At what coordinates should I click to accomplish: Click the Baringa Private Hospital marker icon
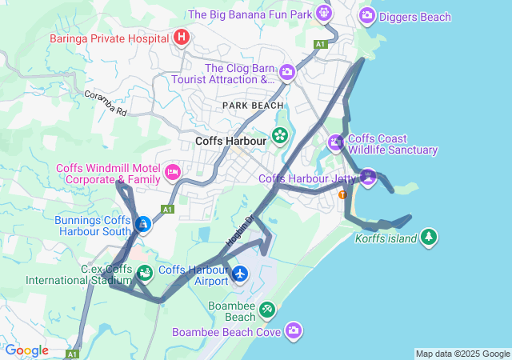click(182, 37)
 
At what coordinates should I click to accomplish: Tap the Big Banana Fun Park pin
click(322, 13)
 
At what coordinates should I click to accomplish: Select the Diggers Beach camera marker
click(367, 14)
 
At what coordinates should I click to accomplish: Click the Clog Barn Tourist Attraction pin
click(287, 74)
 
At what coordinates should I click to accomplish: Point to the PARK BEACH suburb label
click(253, 106)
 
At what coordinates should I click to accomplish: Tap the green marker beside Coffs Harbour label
click(280, 135)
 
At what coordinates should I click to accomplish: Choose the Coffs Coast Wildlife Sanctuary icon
click(336, 143)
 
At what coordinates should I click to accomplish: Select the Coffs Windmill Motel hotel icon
click(172, 172)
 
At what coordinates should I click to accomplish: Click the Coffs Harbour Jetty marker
click(367, 176)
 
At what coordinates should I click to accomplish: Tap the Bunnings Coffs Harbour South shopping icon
click(142, 225)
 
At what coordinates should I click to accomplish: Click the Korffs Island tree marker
click(430, 237)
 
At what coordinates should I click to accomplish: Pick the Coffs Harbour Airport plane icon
click(240, 274)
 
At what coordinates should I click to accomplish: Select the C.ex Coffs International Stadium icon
click(144, 274)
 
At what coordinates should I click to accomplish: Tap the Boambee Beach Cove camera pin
click(294, 330)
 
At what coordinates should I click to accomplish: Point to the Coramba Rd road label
click(106, 103)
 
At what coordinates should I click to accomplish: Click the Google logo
click(26, 350)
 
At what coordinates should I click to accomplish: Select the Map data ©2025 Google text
click(462, 354)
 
